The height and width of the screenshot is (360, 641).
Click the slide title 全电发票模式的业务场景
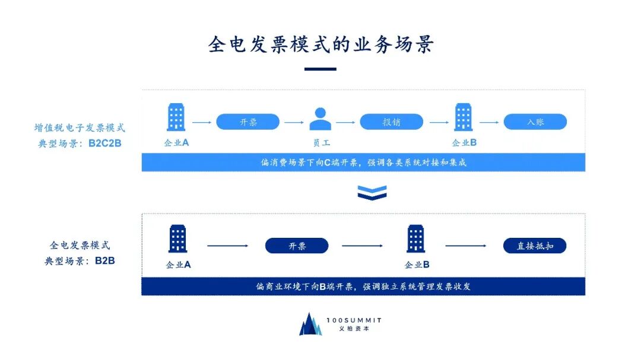[320, 44]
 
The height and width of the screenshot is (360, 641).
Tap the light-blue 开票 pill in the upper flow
[247, 122]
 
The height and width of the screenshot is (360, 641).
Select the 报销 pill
[391, 122]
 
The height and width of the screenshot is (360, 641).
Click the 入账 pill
[535, 122]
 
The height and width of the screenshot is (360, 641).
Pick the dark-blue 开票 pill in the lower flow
[297, 246]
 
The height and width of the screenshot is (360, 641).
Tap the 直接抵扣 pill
[535, 246]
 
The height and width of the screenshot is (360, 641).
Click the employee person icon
[320, 119]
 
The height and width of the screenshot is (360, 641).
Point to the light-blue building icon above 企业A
[176, 117]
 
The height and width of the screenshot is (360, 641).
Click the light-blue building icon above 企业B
[464, 117]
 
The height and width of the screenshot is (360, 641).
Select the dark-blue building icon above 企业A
[177, 239]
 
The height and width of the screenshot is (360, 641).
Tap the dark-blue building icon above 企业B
[416, 239]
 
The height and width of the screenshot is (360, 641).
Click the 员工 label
[321, 143]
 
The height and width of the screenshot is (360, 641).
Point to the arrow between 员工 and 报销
[345, 122]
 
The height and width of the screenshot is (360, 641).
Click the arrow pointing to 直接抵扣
[467, 246]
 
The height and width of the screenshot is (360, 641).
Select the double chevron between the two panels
[372, 192]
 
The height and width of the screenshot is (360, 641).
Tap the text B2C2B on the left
[105, 143]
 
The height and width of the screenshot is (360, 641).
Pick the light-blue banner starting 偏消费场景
[363, 163]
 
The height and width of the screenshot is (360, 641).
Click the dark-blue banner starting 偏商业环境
[363, 286]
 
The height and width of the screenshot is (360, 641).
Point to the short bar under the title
[320, 69]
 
